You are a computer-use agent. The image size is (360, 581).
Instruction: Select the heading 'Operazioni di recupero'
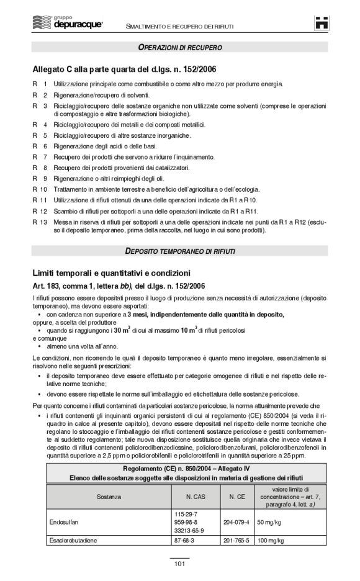tap(180, 48)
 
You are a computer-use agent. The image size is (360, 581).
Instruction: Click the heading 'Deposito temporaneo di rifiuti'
tap(180, 251)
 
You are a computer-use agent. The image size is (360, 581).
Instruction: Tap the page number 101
tap(180, 564)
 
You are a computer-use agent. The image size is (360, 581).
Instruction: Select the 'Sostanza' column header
tap(109, 497)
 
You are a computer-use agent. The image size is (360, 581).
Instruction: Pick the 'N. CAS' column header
tap(196, 497)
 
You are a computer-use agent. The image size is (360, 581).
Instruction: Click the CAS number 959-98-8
tap(187, 522)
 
